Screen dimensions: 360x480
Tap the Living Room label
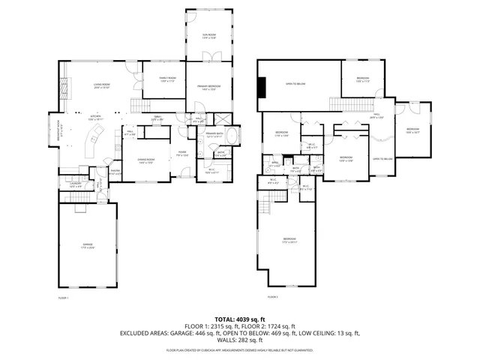101,86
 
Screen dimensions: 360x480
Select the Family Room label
166,79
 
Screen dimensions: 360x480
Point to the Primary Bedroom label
208,87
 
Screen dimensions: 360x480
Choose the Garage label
88,245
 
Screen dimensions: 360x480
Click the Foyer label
181,154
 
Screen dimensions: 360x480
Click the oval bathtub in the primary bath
232,138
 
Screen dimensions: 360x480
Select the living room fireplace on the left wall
63,91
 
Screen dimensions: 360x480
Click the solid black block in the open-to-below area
261,88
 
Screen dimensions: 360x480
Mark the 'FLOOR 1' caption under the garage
63,298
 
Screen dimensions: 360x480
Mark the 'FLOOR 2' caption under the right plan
272,298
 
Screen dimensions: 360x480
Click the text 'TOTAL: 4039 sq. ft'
240,319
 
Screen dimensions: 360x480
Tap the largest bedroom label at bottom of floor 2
289,241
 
